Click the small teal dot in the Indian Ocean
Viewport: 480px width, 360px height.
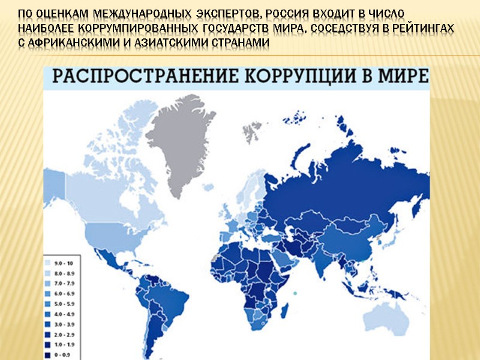296,293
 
